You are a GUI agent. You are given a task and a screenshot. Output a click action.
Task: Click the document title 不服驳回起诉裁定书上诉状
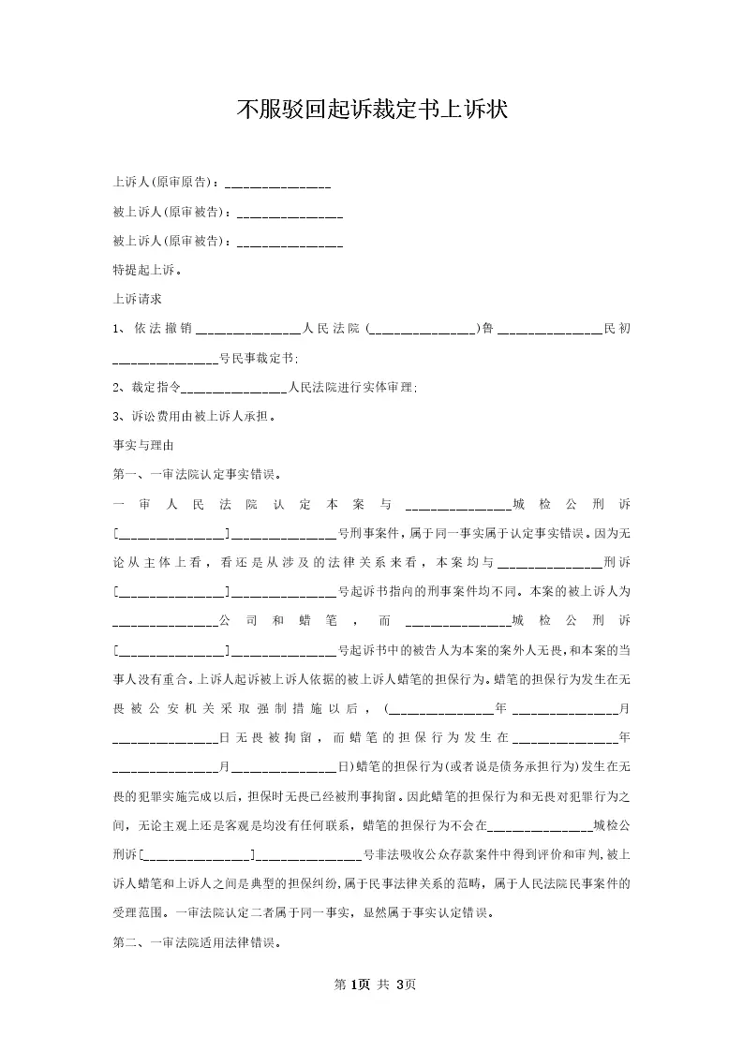(371, 111)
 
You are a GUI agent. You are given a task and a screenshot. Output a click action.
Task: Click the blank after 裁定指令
(233, 389)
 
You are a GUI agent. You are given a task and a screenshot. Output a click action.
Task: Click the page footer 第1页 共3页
(371, 984)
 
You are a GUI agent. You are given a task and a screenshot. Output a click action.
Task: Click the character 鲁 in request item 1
(488, 329)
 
